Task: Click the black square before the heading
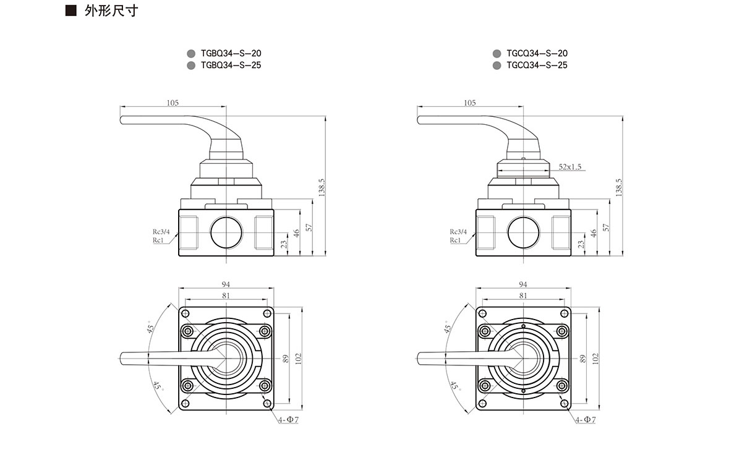(x=71, y=11)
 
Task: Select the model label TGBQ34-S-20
(x=226, y=54)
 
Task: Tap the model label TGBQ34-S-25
(x=226, y=65)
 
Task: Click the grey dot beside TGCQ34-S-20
(x=497, y=54)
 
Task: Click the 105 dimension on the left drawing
(x=173, y=103)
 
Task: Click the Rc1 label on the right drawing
(x=456, y=240)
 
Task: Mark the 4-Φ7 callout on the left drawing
(x=288, y=420)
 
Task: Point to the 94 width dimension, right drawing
(x=523, y=284)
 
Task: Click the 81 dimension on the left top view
(x=226, y=296)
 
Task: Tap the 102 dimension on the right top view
(x=595, y=358)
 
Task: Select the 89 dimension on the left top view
(x=286, y=358)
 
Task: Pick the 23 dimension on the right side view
(x=581, y=244)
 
